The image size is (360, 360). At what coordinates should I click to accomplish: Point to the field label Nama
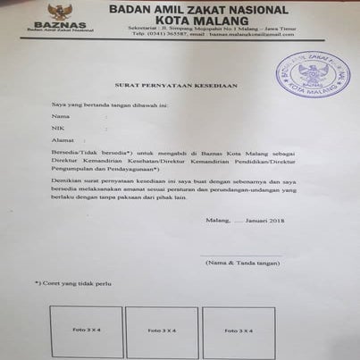pyautogui.click(x=60, y=116)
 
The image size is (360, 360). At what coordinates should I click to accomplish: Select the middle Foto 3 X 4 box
pyautogui.click(x=161, y=330)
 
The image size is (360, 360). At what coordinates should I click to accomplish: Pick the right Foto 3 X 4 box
pyautogui.click(x=237, y=330)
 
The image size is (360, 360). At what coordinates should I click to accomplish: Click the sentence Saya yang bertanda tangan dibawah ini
pyautogui.click(x=109, y=104)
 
